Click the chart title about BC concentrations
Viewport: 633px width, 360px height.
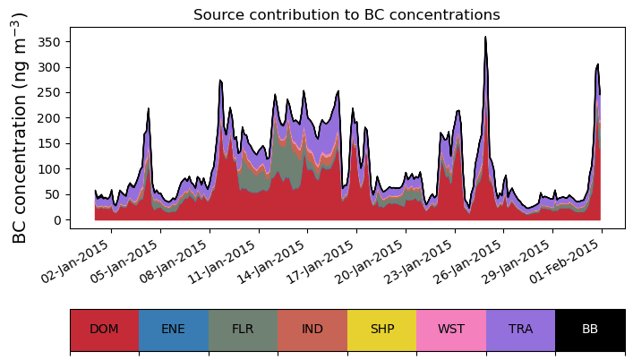[346, 14]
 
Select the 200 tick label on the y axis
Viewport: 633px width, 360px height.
[49, 118]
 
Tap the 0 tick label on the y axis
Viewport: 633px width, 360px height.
[57, 220]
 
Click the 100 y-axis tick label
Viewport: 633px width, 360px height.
[49, 169]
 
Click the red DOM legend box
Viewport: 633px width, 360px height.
[104, 330]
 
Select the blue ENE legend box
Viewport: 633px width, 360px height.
[174, 330]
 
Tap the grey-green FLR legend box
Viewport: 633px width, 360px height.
[243, 330]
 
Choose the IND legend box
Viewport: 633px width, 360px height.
[312, 330]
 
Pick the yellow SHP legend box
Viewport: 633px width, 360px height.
[381, 330]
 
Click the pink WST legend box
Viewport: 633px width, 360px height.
[451, 330]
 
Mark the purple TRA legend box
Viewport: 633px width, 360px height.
[520, 330]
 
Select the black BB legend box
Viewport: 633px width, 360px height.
[590, 330]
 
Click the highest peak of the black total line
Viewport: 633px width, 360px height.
[485, 38]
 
